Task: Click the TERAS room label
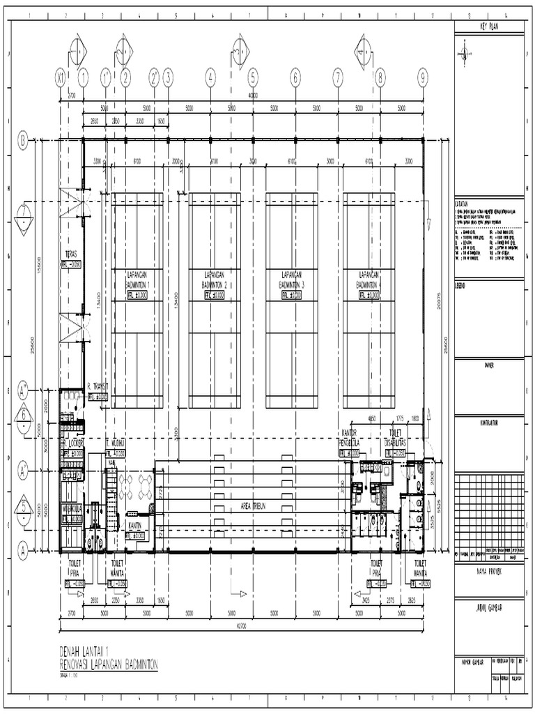[x=70, y=255]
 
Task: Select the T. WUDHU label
[x=116, y=443]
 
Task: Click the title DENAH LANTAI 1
[x=91, y=651]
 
